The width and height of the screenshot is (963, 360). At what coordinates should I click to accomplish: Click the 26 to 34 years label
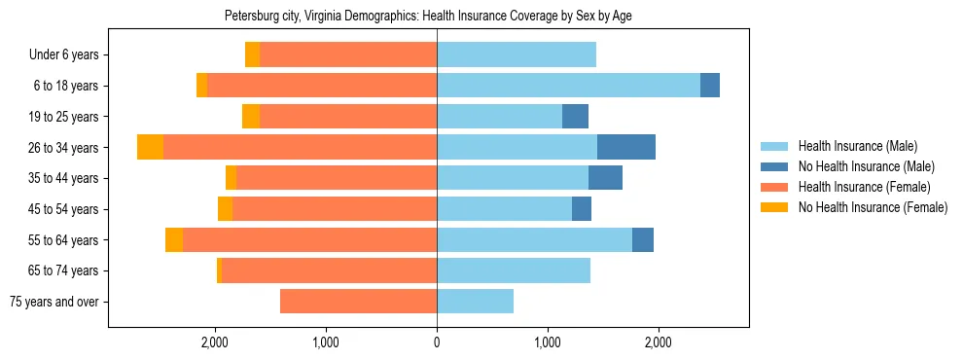tap(64, 148)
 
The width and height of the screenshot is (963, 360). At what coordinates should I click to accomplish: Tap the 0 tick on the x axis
tap(437, 342)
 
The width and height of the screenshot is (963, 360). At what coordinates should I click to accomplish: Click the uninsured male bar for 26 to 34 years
tap(626, 147)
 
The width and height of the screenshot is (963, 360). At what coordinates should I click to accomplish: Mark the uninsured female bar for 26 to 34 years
tap(150, 147)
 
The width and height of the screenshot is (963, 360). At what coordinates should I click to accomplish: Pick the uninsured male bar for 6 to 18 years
tap(710, 86)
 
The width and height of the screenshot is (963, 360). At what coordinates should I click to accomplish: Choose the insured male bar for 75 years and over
tap(475, 302)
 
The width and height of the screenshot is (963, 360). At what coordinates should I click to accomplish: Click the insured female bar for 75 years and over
tap(358, 302)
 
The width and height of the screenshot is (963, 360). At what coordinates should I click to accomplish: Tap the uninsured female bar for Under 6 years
tap(252, 54)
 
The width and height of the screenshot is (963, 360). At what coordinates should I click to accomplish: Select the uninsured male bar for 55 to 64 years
tap(643, 239)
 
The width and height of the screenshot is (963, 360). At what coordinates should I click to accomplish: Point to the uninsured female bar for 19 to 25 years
tap(251, 117)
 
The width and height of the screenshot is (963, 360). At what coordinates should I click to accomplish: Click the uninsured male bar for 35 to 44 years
tap(605, 178)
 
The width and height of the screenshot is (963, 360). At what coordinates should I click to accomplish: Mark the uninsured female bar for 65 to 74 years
tap(219, 270)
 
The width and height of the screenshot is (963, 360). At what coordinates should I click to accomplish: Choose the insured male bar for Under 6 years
tap(517, 54)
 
